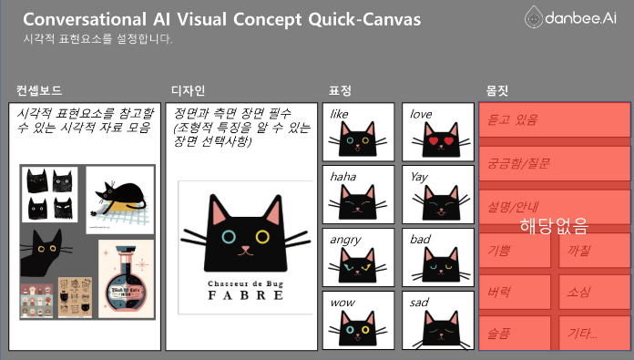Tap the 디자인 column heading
(x=188, y=90)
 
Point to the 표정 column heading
(x=339, y=90)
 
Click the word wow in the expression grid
(x=343, y=302)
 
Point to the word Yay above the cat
(x=419, y=176)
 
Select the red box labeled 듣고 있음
(x=554, y=119)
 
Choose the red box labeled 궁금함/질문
(x=554, y=163)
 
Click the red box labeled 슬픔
(x=515, y=333)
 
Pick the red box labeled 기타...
(x=591, y=333)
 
